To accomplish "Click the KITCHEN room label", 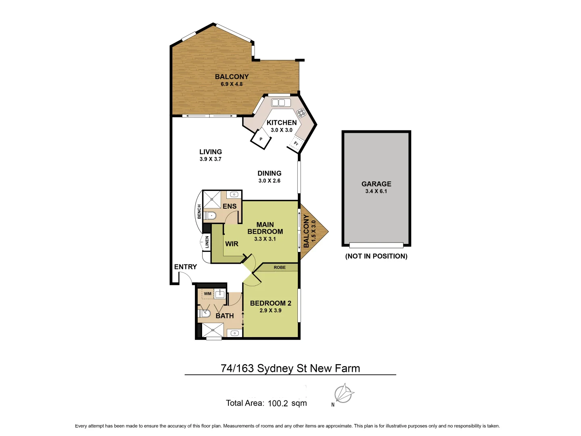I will [x=282, y=122].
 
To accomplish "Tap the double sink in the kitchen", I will [x=281, y=103].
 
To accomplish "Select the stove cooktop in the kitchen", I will [x=301, y=113].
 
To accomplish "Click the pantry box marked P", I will [x=261, y=139].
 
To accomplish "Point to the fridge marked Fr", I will [x=295, y=144].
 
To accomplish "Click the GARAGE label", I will [x=376, y=184].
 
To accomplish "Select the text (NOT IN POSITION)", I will [x=376, y=256].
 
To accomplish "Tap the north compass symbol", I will [x=344, y=394].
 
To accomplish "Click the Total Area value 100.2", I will [x=278, y=403].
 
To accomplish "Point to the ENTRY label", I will [x=186, y=267].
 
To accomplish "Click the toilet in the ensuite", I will [x=210, y=216].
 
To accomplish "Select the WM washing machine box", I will [x=207, y=294].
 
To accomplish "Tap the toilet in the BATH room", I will [x=204, y=313].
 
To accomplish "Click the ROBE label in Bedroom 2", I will [x=280, y=267].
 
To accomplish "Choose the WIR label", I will [x=232, y=244].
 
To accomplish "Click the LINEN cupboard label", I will [x=207, y=242].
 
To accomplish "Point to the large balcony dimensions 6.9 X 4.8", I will [x=232, y=84].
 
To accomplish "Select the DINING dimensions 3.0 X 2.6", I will [x=269, y=180].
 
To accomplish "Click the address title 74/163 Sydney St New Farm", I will [x=290, y=368].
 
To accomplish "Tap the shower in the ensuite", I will [x=211, y=199].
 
